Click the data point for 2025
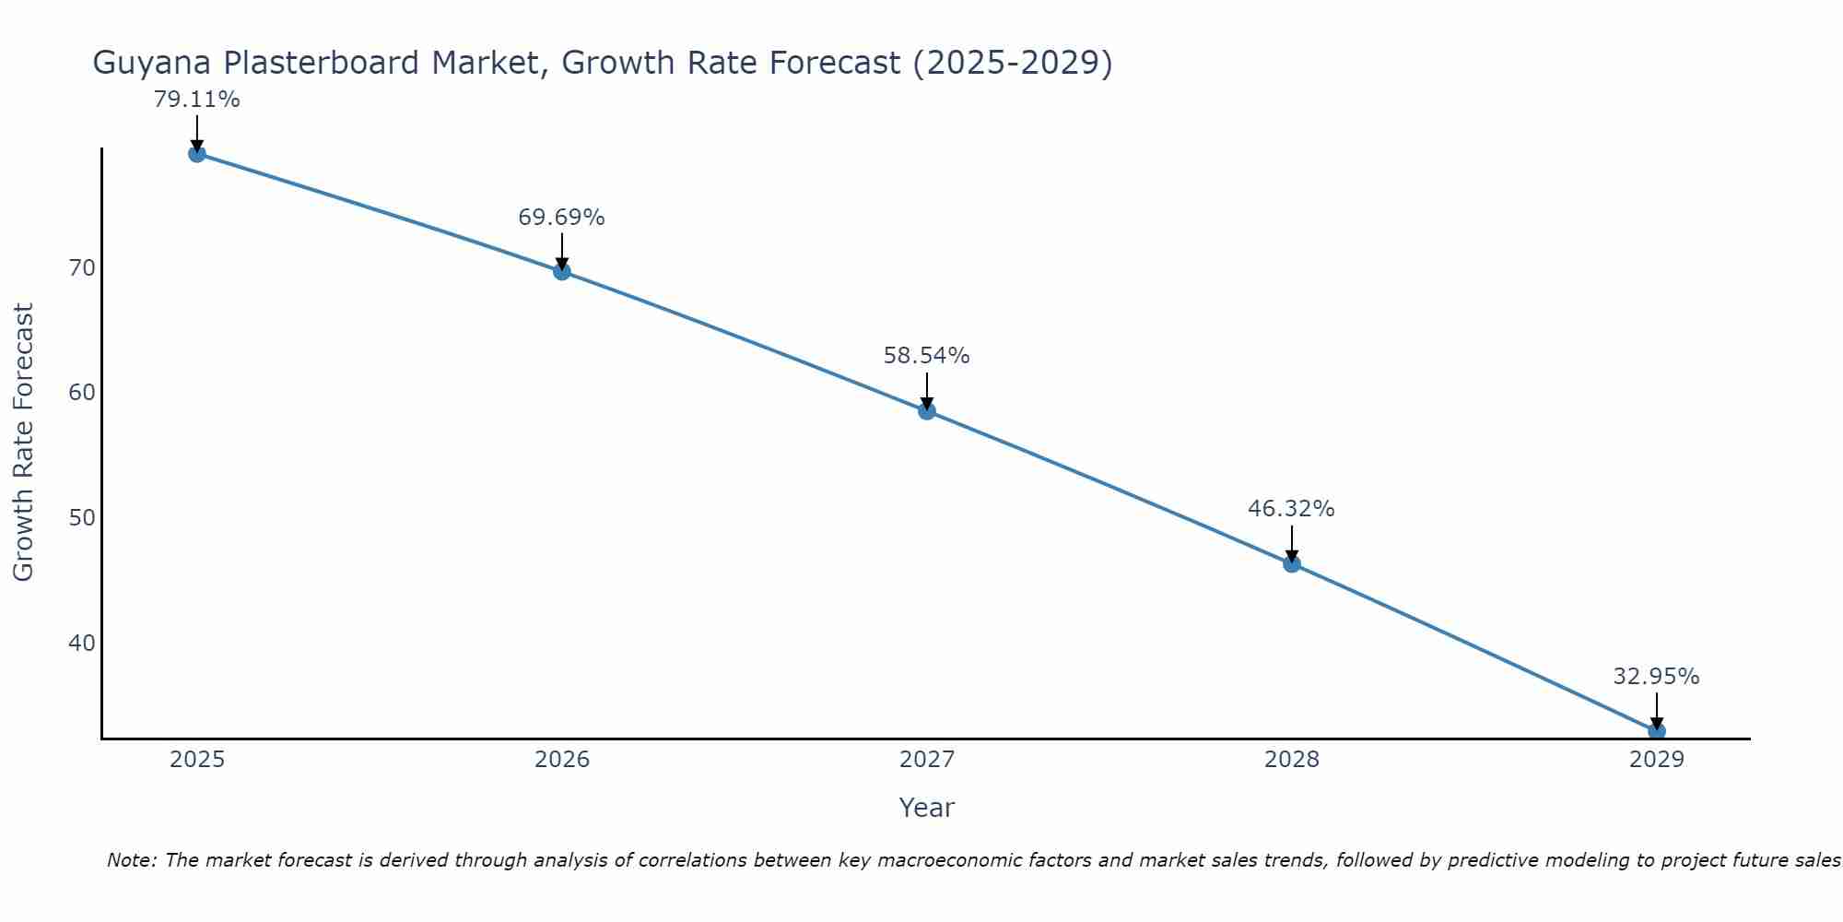196,154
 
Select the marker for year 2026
562,271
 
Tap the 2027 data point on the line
927,411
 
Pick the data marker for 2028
1292,563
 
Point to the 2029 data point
1656,731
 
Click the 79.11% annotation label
196,100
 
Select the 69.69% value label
561,218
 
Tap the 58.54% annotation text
926,356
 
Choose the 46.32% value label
1291,509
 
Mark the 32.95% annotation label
1656,677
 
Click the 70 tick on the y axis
82,268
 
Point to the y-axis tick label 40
82,643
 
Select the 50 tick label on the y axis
82,517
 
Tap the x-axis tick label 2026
562,760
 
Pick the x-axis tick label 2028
1292,760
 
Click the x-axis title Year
926,808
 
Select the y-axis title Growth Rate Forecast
24,442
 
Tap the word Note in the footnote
130,860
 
